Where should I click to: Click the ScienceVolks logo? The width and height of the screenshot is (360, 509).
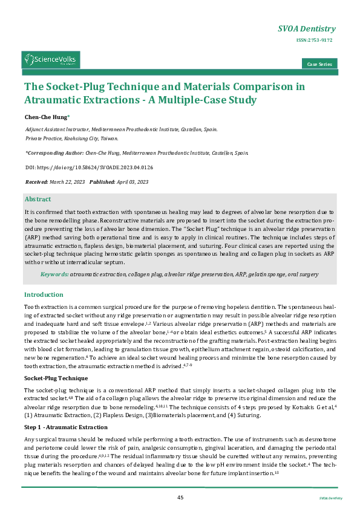click(x=51, y=59)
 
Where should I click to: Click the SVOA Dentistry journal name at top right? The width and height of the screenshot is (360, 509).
click(x=306, y=28)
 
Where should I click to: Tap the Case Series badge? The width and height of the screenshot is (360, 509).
click(x=319, y=64)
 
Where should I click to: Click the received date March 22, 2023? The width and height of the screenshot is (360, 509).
click(x=67, y=181)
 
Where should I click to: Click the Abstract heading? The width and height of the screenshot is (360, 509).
click(x=38, y=199)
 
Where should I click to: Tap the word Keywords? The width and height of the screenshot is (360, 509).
click(x=54, y=274)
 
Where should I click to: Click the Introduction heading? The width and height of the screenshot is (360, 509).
click(x=44, y=294)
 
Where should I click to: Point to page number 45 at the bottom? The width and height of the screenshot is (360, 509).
click(x=180, y=497)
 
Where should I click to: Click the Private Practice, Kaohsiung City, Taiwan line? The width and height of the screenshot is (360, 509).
click(x=67, y=138)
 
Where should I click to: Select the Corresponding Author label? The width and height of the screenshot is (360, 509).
click(x=54, y=154)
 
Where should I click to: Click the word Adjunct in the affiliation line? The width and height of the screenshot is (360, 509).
click(x=35, y=129)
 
